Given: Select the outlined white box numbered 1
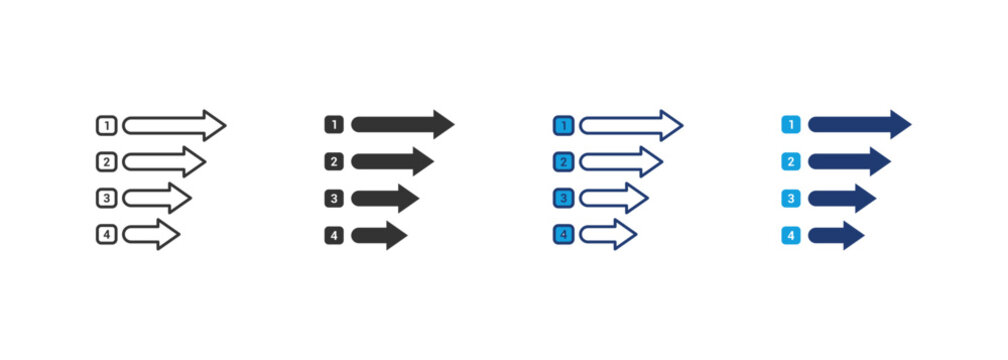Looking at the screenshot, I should (x=107, y=126).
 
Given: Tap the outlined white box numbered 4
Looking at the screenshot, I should (x=107, y=236).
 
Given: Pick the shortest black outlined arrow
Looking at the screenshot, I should (x=150, y=236).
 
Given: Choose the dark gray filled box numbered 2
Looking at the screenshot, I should (x=334, y=161).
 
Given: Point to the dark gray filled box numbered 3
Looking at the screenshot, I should (x=334, y=198).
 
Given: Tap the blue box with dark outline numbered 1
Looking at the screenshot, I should (x=563, y=126).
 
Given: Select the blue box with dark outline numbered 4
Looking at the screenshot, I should (x=563, y=236).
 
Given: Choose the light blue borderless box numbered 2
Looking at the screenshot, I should (x=791, y=161).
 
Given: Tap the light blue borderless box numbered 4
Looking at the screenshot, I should (x=791, y=236).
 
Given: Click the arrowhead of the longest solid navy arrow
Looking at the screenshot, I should (x=899, y=125).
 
